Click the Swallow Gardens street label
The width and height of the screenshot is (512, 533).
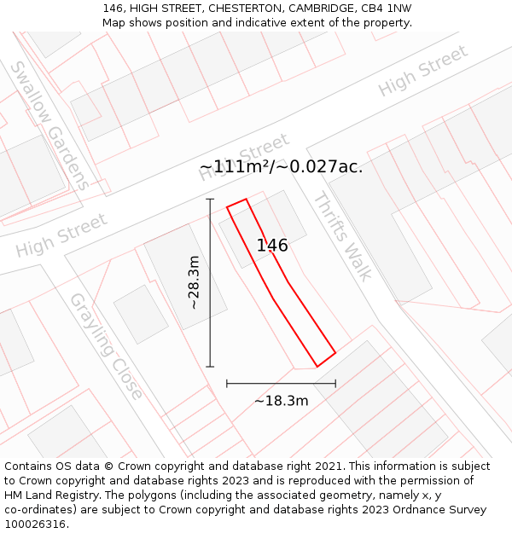pos(49,125)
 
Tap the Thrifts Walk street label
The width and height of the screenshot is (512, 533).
pos(342,236)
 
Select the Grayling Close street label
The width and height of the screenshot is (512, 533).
pos(106,346)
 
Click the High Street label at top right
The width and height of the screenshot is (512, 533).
pos(423,71)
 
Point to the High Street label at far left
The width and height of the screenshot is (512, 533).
pos(61,236)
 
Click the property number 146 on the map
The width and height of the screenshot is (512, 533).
pos(272,246)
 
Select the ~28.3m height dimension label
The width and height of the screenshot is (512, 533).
pos(194,282)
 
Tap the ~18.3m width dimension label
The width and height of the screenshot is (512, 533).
pos(281,400)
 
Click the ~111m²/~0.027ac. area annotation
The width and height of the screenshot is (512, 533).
pos(281,166)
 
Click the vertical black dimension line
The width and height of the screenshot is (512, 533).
pos(210,282)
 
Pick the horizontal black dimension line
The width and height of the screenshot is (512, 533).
pos(281,384)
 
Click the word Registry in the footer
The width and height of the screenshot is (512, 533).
pos(88,495)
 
